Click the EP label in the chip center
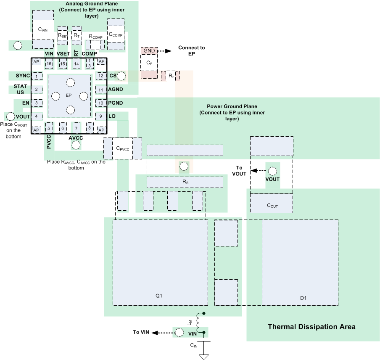click(x=69, y=95)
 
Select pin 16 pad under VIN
click(x=49, y=64)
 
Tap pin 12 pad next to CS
click(x=101, y=76)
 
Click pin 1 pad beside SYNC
click(x=38, y=76)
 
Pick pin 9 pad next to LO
click(x=101, y=116)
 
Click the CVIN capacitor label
click(x=43, y=29)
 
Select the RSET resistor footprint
click(x=62, y=35)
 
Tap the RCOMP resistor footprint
click(x=95, y=44)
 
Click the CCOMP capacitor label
click(x=116, y=34)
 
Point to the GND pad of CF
click(x=149, y=51)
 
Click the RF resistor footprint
click(x=171, y=76)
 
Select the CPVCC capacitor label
click(x=122, y=148)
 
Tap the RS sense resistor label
click(x=185, y=182)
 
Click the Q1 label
click(x=159, y=296)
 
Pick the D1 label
click(x=303, y=298)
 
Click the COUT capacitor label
click(x=272, y=206)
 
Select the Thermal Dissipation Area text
click(x=311, y=327)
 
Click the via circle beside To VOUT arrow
click(x=272, y=171)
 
